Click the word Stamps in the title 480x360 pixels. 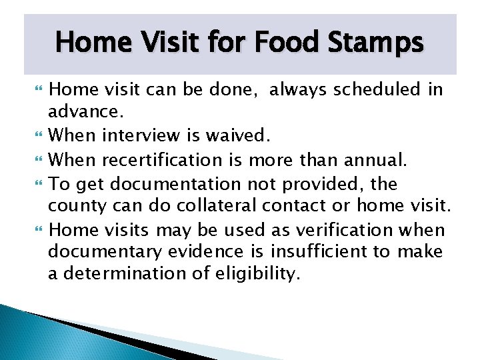point(380,43)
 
